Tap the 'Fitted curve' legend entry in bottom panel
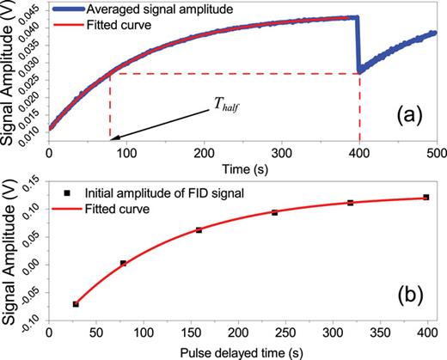coord(126,208)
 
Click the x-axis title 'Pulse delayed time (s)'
coord(243,352)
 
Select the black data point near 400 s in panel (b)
coord(425,197)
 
